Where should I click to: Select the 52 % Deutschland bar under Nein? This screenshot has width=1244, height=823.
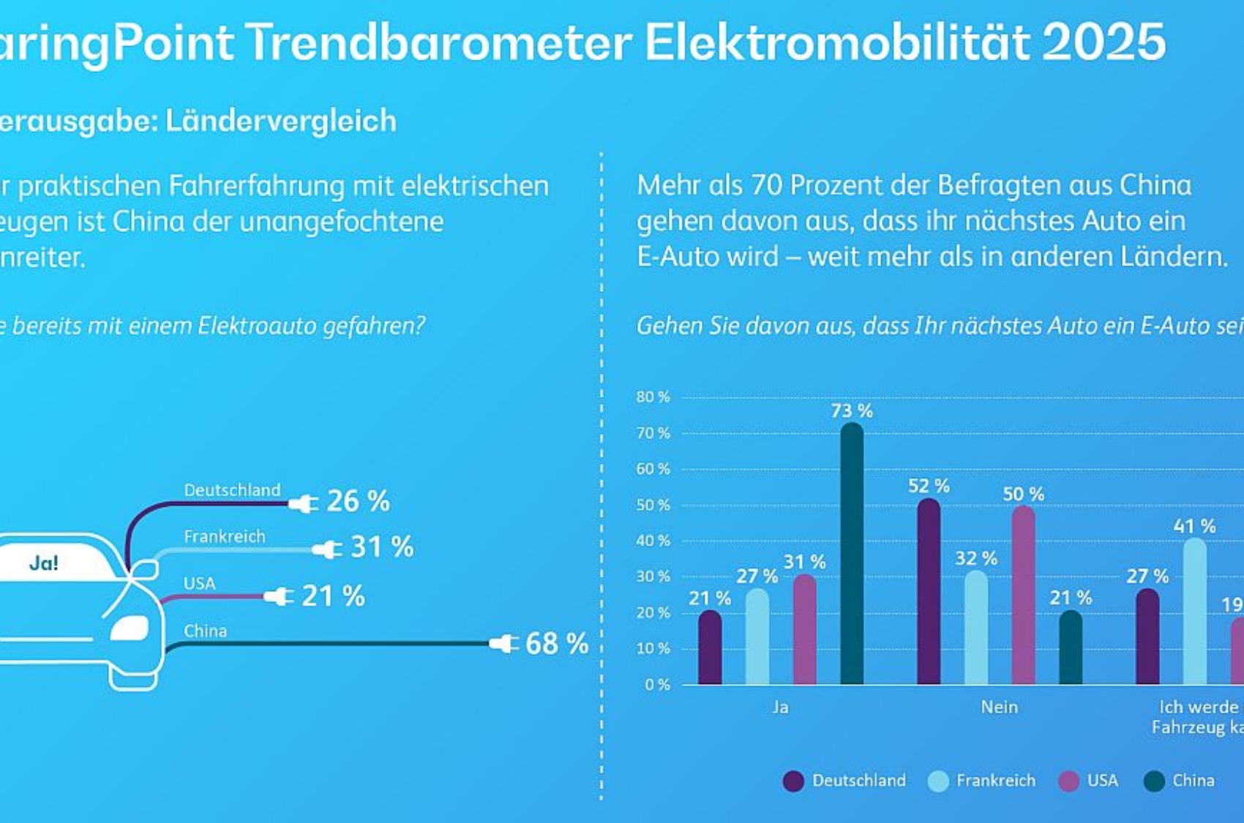929,593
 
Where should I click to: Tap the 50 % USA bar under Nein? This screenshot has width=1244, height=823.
1023,595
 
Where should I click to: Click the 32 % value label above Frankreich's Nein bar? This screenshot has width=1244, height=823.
975,559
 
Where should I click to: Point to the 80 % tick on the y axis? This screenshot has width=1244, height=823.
653,397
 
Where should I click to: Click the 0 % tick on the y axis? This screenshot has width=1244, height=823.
656,685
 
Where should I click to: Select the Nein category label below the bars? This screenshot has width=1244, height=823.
999,707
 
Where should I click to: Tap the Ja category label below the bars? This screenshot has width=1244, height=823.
780,707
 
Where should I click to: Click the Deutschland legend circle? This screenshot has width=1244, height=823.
793,781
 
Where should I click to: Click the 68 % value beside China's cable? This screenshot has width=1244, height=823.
556,644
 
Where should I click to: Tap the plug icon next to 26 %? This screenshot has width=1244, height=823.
304,503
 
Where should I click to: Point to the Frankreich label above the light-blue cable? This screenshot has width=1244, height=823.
224,536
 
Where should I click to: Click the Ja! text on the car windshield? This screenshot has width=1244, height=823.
44,563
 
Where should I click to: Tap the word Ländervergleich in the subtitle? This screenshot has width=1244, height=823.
281,121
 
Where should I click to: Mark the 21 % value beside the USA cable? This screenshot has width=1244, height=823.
333,596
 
